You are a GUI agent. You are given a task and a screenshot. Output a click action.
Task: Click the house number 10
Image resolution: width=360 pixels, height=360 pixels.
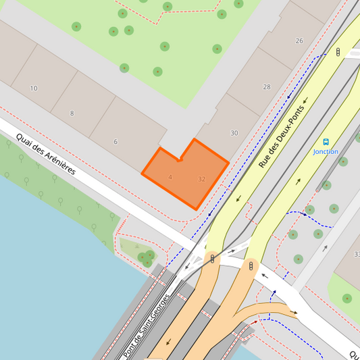(34, 88)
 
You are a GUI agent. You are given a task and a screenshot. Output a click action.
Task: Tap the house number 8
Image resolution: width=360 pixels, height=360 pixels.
(72, 113)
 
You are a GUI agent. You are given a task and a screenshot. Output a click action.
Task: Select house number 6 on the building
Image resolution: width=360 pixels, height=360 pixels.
(115, 141)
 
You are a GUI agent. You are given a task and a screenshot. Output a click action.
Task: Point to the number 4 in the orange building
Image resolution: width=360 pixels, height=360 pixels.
(170, 177)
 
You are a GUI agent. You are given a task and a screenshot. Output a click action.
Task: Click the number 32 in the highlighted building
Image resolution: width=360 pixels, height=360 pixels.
(201, 179)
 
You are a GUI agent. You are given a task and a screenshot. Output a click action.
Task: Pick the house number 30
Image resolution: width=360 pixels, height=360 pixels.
(234, 133)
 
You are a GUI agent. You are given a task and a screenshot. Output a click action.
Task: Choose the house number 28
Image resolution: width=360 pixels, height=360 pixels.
(266, 86)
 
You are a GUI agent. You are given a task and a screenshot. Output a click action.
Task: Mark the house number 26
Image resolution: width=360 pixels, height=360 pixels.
(299, 41)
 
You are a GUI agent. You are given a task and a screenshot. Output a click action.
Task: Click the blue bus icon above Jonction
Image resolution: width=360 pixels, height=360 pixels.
(326, 143)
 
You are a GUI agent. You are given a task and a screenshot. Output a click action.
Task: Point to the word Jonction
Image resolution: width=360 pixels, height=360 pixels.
(326, 152)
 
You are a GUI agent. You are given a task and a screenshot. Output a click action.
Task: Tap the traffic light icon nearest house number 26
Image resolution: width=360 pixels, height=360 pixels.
(338, 51)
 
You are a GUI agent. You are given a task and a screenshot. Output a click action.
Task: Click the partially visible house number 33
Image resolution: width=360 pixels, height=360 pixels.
(357, 254)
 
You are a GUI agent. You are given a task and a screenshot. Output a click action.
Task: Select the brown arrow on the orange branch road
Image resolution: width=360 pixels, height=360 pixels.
(294, 312)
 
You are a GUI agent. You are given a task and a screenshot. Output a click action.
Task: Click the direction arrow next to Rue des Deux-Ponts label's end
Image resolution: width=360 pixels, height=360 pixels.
(305, 101)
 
